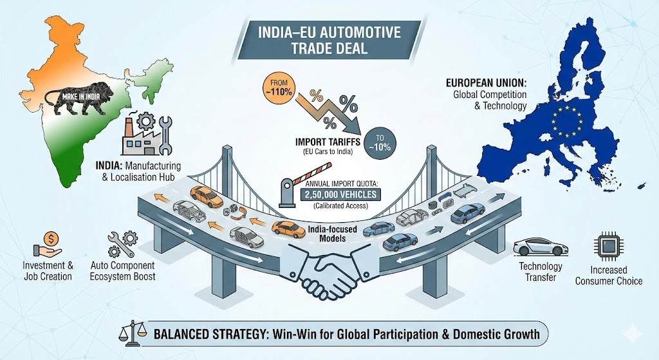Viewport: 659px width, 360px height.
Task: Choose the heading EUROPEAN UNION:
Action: tap(485, 83)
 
